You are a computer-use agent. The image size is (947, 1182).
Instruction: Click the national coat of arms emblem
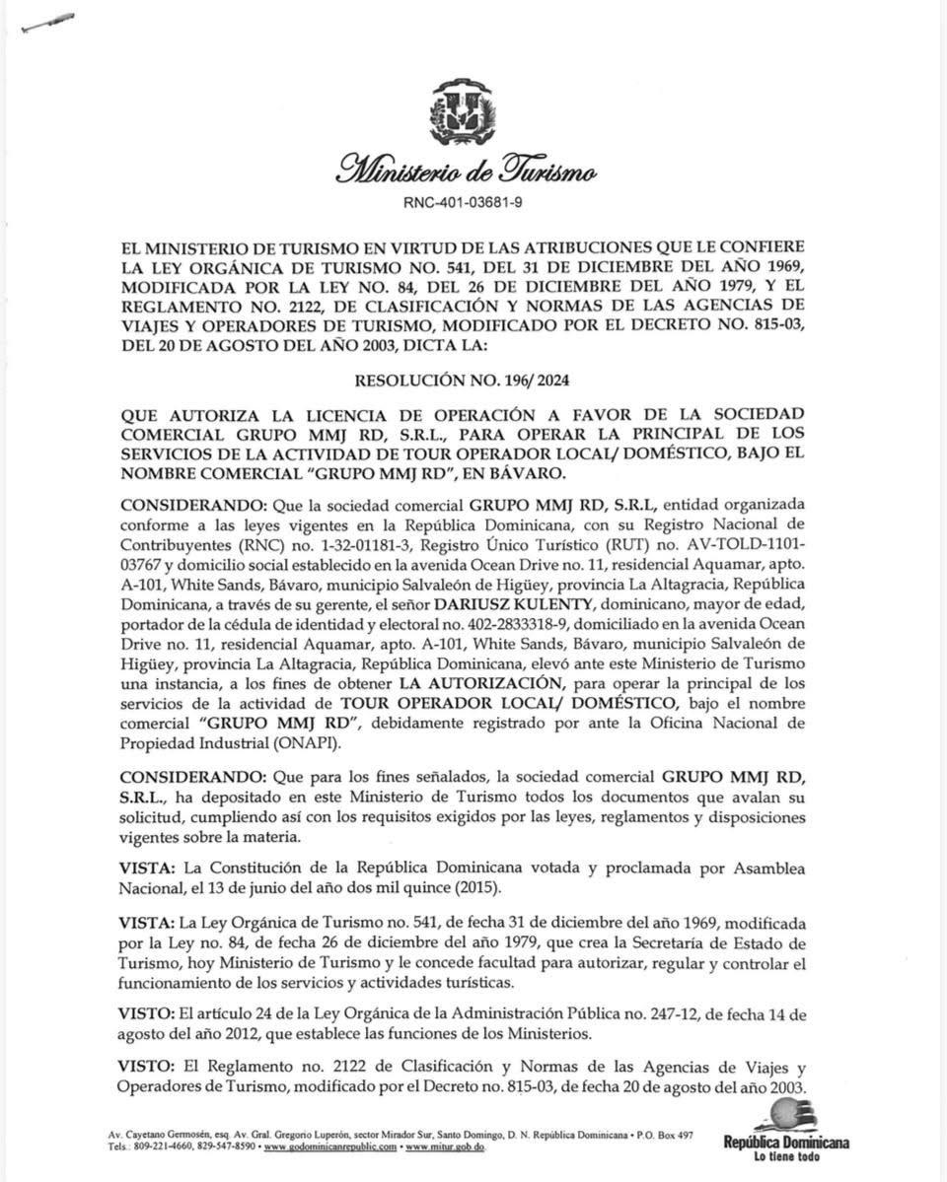tap(463, 114)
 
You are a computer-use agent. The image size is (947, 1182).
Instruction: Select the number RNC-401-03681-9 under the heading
tap(463, 202)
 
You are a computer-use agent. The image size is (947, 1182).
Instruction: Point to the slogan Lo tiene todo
tap(786, 1156)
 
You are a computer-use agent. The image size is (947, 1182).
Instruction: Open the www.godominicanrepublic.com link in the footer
tap(330, 1147)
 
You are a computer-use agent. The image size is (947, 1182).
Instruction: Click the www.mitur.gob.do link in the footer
tap(445, 1147)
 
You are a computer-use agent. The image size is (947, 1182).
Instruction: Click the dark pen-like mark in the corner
tap(46, 25)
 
